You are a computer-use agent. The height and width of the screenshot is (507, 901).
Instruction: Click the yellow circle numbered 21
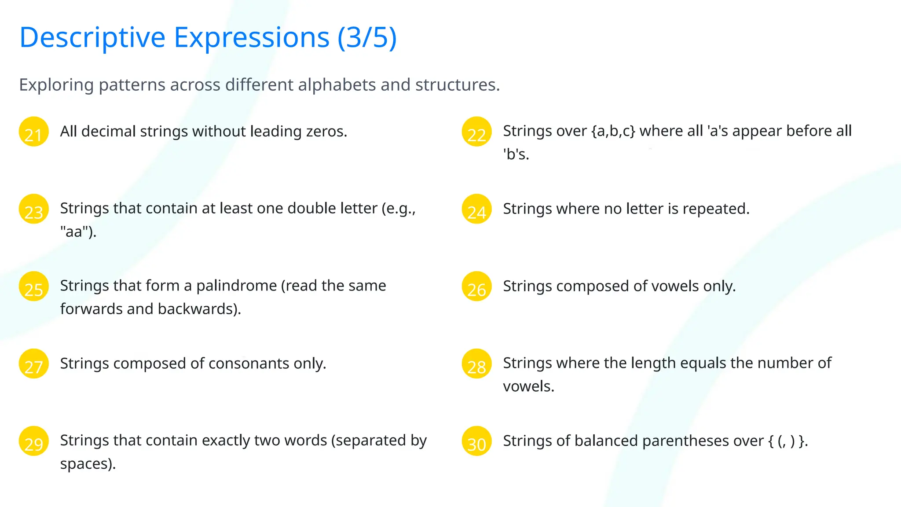click(33, 132)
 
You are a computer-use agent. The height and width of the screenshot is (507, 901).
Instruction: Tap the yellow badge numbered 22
click(476, 132)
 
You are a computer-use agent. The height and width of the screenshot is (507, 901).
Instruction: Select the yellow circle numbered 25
click(33, 287)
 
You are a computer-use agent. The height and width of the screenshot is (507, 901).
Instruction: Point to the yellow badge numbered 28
click(476, 364)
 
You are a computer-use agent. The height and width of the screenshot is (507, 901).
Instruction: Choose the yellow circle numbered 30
click(476, 441)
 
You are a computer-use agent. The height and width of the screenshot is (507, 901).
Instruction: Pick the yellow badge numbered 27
click(33, 364)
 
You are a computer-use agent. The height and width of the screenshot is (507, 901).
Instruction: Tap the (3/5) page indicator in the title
click(367, 37)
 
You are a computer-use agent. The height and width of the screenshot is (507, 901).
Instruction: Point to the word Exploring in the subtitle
click(56, 84)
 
